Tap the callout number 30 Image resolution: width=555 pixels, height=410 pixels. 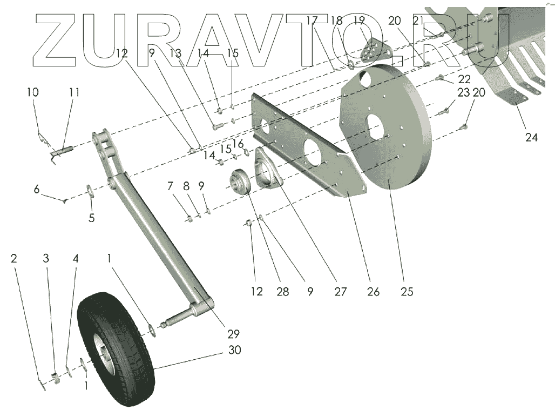pyautogui.click(x=234, y=350)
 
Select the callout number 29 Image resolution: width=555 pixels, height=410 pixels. pyautogui.click(x=233, y=333)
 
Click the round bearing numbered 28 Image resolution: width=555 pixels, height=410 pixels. pyautogui.click(x=241, y=183)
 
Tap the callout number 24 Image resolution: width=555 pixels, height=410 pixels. pyautogui.click(x=531, y=137)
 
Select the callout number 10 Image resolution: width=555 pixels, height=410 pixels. pyautogui.click(x=32, y=92)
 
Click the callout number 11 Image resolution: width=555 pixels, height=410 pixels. pyautogui.click(x=75, y=92)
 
